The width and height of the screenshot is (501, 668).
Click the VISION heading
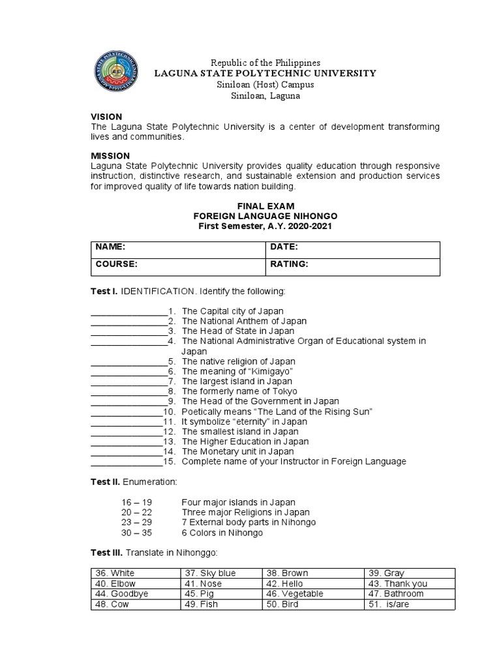tap(106, 116)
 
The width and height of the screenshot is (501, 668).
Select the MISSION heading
tap(110, 155)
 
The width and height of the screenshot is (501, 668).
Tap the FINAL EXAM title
tap(265, 205)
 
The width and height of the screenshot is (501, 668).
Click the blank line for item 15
tap(126, 462)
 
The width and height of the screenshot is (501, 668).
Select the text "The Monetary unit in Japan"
tap(237, 451)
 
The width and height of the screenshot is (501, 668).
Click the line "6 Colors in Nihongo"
tap(222, 533)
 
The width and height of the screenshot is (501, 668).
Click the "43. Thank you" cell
tap(410, 584)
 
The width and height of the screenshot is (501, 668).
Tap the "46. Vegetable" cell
tap(313, 594)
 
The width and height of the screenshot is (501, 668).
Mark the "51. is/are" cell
tap(410, 605)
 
